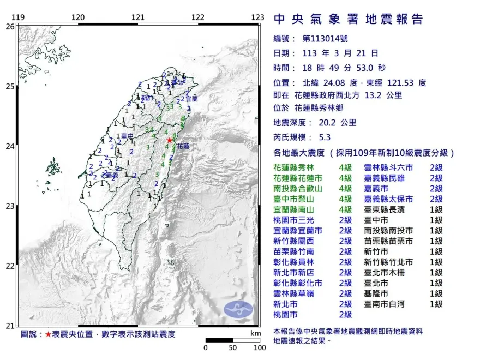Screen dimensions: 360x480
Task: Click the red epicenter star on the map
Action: click(x=170, y=140)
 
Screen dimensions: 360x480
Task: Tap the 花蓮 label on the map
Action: click(x=183, y=147)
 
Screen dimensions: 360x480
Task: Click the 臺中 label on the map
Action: click(x=127, y=136)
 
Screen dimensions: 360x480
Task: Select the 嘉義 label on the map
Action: click(x=111, y=175)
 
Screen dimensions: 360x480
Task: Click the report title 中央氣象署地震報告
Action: click(x=348, y=20)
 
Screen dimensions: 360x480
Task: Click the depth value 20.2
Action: click(x=326, y=123)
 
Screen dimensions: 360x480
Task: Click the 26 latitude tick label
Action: click(x=10, y=26)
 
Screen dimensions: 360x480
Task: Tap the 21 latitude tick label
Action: click(x=10, y=326)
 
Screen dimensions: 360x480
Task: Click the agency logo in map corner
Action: click(x=238, y=309)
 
